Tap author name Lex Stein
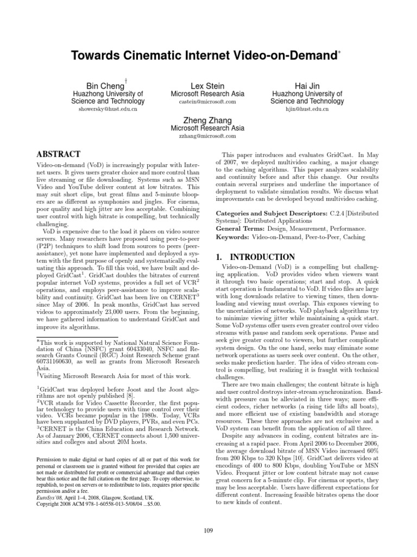click(208, 86)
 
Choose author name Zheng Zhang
click(208, 120)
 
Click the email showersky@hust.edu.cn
click(109, 109)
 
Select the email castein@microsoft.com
click(208, 102)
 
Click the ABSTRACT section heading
click(58, 154)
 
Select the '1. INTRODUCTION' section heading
click(255, 257)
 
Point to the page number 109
click(208, 531)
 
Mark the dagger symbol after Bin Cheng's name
click(125, 79)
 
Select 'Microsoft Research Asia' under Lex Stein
click(208, 94)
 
